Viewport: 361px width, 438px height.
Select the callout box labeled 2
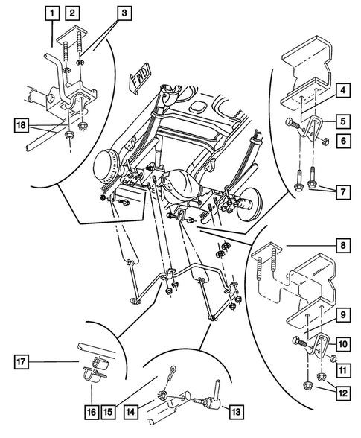coord(72,12)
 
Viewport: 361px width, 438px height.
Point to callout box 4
coord(342,92)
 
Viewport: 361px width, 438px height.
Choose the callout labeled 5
coord(342,118)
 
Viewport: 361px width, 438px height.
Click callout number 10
coord(342,345)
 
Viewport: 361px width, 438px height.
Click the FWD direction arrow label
coord(141,78)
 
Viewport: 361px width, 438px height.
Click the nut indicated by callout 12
coord(304,385)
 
